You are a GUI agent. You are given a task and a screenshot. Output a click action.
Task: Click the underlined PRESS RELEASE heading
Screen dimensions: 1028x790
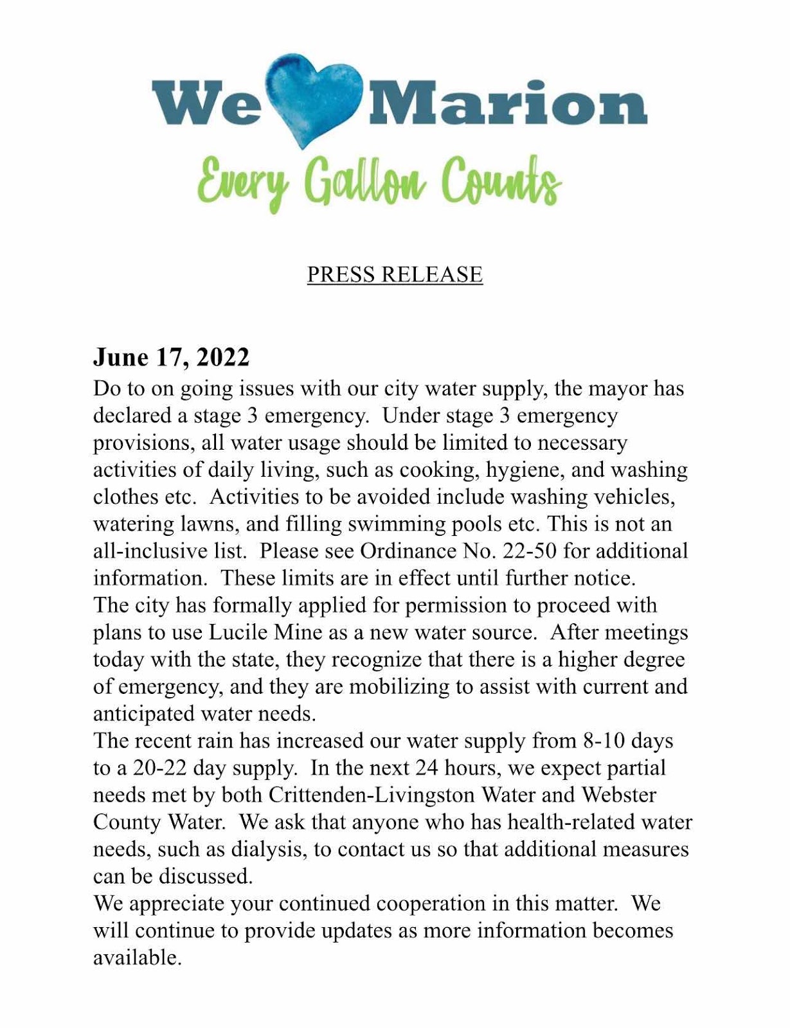(395, 274)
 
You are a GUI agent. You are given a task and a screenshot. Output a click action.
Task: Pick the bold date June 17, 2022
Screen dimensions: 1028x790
(171, 357)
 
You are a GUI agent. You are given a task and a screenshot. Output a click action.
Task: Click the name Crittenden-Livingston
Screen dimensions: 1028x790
(372, 795)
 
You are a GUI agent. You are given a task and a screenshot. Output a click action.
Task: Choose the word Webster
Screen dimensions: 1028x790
(618, 795)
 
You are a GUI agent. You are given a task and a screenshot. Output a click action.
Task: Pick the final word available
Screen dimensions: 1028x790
(137, 958)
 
